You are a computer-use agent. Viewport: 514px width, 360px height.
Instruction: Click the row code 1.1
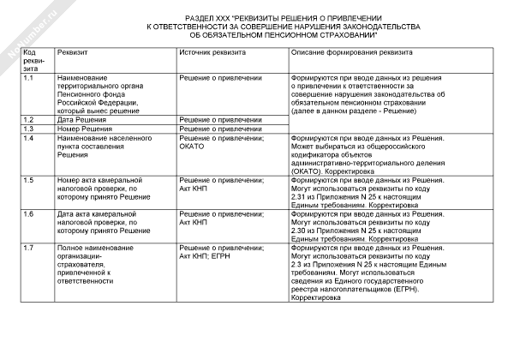pos(29,78)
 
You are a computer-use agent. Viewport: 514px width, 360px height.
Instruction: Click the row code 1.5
pos(29,179)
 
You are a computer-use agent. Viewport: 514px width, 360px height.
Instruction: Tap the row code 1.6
pos(29,213)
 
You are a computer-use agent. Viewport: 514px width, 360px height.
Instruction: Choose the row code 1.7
pos(29,247)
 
